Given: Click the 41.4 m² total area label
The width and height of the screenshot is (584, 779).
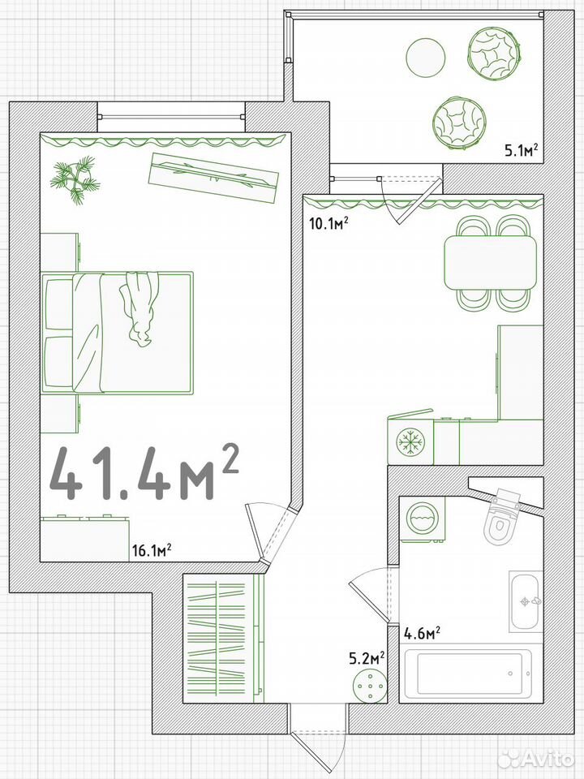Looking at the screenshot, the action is coord(145,473).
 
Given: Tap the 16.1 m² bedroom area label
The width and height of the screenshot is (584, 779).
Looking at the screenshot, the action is coord(152,550).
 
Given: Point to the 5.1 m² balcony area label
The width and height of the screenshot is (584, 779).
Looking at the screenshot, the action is coord(522,149).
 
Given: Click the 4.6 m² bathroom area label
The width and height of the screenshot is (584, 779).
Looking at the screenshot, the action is coord(422,634).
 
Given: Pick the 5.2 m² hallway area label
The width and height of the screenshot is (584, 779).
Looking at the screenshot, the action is coord(368,659).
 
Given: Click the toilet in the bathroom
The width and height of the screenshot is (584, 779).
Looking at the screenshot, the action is coord(501,519).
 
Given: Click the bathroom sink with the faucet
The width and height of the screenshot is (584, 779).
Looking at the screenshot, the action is coord(526,601).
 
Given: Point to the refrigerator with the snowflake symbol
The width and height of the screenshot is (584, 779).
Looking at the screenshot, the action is coord(410,440).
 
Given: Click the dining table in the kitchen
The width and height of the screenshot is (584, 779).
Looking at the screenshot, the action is coord(491,262).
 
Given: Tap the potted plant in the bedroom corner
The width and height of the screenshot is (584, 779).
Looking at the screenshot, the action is coord(75,180).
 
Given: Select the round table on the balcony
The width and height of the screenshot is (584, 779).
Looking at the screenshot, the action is coord(426,57).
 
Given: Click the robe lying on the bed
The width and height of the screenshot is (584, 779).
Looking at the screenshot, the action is coord(140,308).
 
